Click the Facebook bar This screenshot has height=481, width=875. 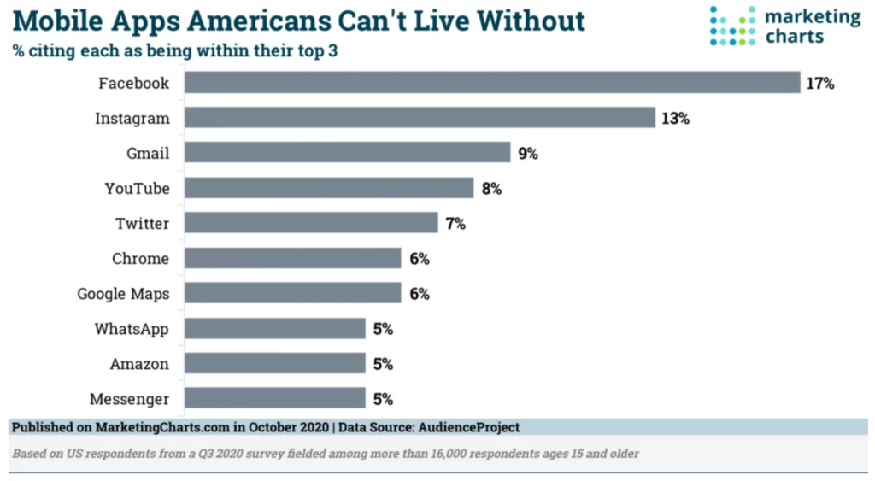pos(491,83)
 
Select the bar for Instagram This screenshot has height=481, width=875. pos(420,118)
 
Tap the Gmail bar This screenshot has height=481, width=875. pos(347,153)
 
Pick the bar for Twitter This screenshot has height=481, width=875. pos(311,224)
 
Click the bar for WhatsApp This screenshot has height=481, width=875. pos(274,329)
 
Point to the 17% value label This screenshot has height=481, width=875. pos(819,84)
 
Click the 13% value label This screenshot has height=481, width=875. pos(674,119)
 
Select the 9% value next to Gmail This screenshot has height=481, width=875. pos(527,154)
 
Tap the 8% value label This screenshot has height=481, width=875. pos(490,189)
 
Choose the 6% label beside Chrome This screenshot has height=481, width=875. pos(418,259)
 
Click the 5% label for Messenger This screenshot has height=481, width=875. pos(382,399)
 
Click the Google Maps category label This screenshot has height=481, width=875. pos(123,294)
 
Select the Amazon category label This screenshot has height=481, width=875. pos(139,364)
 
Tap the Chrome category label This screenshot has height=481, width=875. pos(140,259)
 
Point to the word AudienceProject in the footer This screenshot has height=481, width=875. pos(467,427)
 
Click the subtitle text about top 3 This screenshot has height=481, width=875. pos(174,51)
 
